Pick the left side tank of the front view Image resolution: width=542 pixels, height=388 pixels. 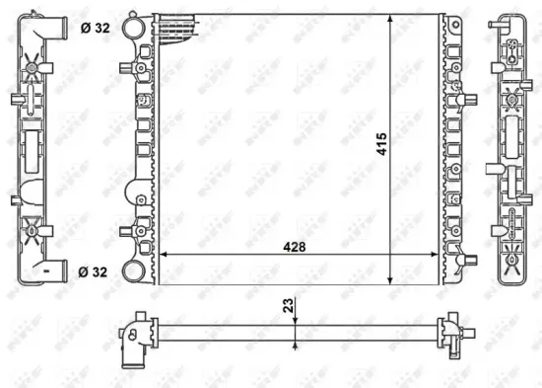point(143,148)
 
